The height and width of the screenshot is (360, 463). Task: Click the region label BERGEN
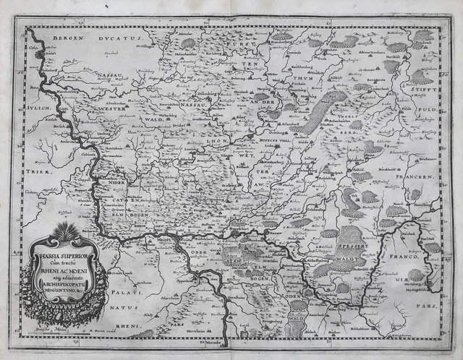(x=59, y=36)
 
